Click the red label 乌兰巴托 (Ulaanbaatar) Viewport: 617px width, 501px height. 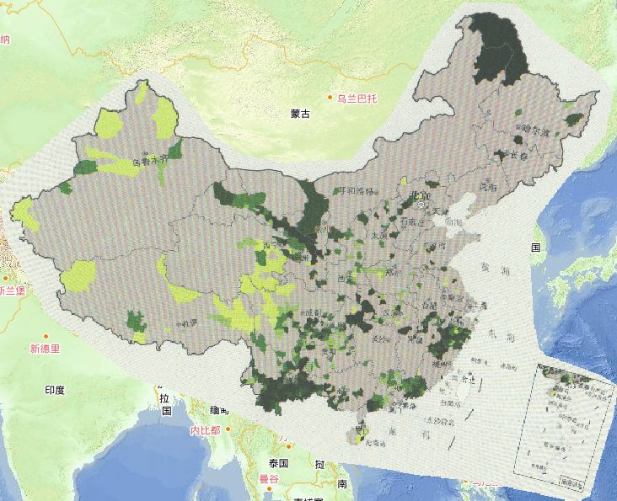tap(357, 99)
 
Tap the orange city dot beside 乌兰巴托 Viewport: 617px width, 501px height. tap(330, 99)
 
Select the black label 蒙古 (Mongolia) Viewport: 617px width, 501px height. tap(300, 114)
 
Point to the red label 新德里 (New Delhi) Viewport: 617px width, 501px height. tap(45, 349)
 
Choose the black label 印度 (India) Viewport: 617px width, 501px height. tap(55, 391)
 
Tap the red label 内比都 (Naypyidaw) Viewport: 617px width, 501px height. tap(205, 430)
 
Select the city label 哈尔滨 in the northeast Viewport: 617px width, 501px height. tap(534, 132)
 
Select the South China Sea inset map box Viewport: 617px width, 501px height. tap(565, 425)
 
